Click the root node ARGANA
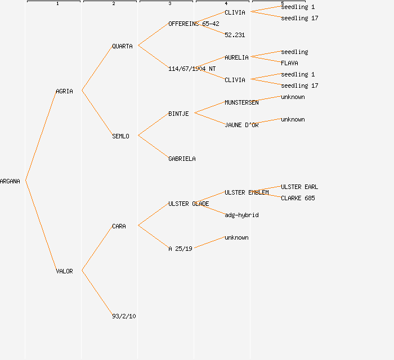[x=10, y=181]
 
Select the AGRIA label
[x=64, y=91]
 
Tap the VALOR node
[x=64, y=271]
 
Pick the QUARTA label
[x=122, y=46]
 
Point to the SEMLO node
[x=120, y=136]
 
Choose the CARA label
[x=119, y=226]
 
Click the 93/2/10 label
[x=124, y=316]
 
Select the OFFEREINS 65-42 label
[x=194, y=24]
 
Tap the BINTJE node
[x=178, y=114]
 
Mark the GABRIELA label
[x=182, y=159]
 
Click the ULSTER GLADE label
[x=189, y=204]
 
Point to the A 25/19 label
[x=180, y=248]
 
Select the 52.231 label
[x=235, y=35]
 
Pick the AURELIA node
[x=236, y=57]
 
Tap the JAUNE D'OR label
[x=241, y=125]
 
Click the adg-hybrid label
[x=241, y=215]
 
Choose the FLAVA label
[x=289, y=63]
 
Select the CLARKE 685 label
[x=298, y=198]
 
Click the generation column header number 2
[x=113, y=4]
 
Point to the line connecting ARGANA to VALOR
[x=41, y=226]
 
